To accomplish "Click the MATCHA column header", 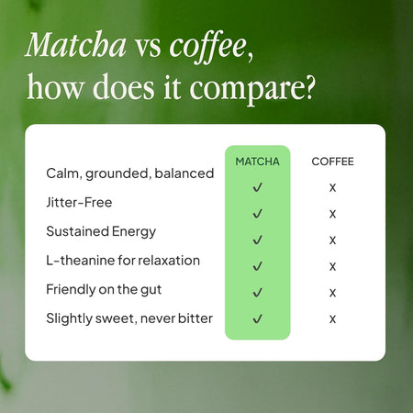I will click(257, 162).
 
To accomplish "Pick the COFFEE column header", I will click(332, 162).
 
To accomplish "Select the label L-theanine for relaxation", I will click(122, 260).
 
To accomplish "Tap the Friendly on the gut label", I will click(105, 289).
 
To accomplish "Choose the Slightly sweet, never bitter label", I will click(128, 318).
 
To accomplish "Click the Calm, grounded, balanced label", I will click(129, 173).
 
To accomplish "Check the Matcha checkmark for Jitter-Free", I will click(258, 213).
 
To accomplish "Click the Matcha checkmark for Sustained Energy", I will click(258, 240).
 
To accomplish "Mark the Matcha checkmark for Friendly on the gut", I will click(258, 293).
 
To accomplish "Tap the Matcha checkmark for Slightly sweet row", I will click(258, 319).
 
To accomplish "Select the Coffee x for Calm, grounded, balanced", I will click(332, 187).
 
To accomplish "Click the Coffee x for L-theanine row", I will click(332, 266).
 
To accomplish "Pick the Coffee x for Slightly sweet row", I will click(332, 319).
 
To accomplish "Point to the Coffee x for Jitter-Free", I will click(332, 214).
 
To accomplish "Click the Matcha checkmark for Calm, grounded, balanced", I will click(258, 186).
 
